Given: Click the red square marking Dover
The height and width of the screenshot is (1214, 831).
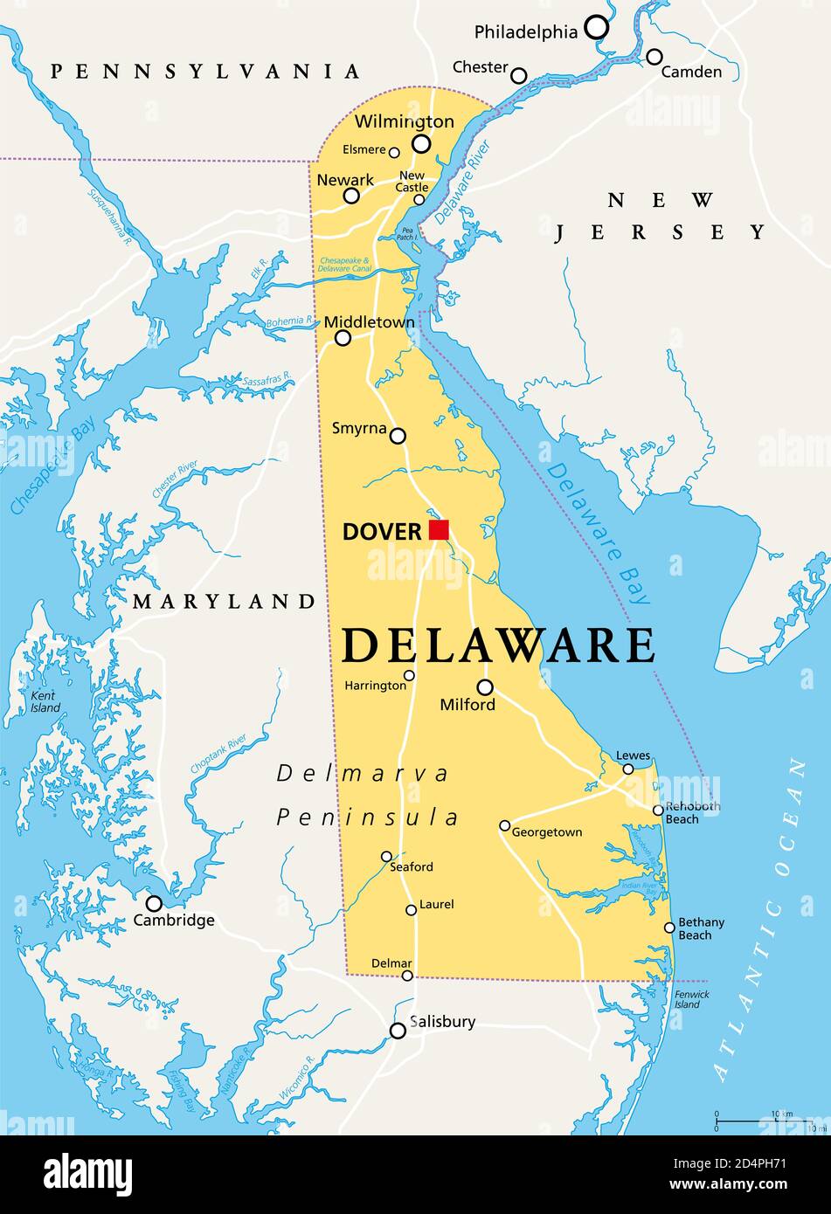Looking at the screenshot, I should [x=439, y=529].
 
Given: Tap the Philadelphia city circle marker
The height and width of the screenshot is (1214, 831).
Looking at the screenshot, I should [x=597, y=27].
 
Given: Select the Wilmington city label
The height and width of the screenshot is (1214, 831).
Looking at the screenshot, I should [x=404, y=121].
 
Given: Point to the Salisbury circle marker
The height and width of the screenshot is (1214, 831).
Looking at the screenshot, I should [x=398, y=1031].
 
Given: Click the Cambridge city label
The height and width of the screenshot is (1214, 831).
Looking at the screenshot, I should [x=174, y=920].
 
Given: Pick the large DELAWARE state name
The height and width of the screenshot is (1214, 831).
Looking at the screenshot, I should [x=498, y=646].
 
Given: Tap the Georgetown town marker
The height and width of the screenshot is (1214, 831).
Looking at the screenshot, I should [x=505, y=825].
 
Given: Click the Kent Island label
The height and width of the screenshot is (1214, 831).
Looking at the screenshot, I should [x=45, y=701].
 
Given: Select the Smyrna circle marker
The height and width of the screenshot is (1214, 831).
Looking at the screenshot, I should [x=398, y=436].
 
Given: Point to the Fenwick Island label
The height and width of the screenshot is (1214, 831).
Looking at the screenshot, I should [x=691, y=999].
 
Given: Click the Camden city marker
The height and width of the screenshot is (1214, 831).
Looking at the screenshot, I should [x=654, y=57].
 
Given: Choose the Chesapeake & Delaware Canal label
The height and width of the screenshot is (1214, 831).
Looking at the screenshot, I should [x=345, y=266].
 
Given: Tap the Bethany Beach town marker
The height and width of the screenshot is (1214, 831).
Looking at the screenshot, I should [x=669, y=928].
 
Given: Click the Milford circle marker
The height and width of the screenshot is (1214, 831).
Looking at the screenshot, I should [x=485, y=687].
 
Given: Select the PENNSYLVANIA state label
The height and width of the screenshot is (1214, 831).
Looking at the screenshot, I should [x=205, y=72].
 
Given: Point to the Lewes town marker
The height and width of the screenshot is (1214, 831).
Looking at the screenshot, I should [x=628, y=769].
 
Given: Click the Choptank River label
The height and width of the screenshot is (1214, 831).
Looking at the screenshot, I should [x=218, y=755].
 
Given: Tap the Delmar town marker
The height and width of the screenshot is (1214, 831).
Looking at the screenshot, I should [x=407, y=976].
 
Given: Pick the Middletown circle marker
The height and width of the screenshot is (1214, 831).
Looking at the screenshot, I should [x=343, y=338].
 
